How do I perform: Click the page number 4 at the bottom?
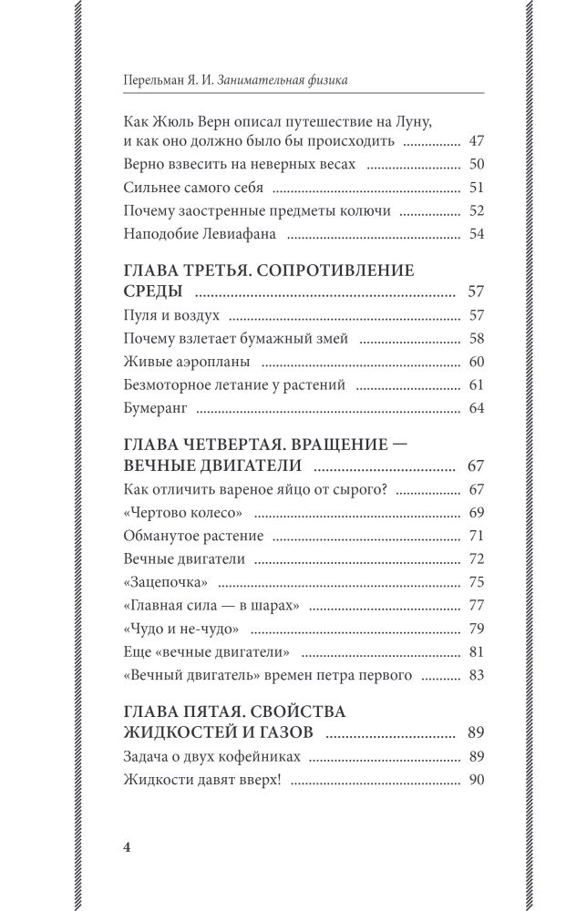tap(128, 846)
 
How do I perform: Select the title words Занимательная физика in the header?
tap(284, 80)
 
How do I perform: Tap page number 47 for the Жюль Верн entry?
tap(474, 141)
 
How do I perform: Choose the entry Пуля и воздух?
tap(170, 315)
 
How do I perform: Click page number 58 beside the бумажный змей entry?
tap(474, 339)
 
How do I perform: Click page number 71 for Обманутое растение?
tap(474, 535)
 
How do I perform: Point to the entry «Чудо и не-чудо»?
tap(180, 628)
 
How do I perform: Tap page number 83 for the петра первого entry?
tap(474, 674)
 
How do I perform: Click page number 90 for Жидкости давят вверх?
tap(474, 779)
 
